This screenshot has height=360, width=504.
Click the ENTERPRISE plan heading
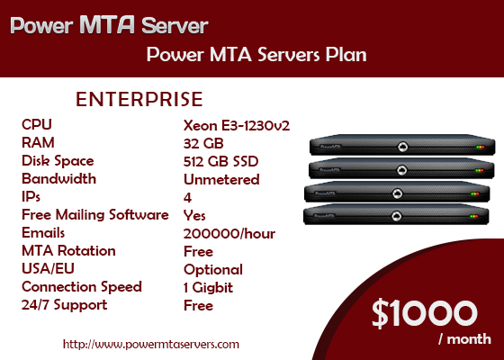click(x=139, y=99)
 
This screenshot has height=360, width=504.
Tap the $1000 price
click(x=424, y=313)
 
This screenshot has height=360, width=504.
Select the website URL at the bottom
click(x=151, y=344)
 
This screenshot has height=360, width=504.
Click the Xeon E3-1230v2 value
click(x=237, y=125)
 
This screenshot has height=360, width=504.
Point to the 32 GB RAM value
click(x=203, y=143)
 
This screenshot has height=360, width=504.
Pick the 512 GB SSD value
click(x=220, y=161)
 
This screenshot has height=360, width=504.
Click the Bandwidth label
click(x=58, y=179)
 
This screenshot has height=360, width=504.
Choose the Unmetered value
click(x=221, y=179)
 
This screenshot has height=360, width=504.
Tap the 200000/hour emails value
click(x=229, y=234)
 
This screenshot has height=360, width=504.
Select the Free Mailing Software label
click(x=95, y=215)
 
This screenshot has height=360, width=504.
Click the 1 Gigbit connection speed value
click(x=208, y=288)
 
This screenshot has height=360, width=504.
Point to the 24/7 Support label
click(x=64, y=305)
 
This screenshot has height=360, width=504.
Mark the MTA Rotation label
click(x=68, y=251)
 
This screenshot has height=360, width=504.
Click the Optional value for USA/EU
click(x=213, y=270)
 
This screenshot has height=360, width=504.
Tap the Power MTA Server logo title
click(x=109, y=25)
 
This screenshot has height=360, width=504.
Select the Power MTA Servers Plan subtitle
click(x=256, y=54)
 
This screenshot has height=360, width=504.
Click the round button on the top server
click(x=403, y=147)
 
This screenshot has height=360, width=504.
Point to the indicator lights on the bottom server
click(x=474, y=216)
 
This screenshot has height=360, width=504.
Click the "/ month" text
click(x=464, y=339)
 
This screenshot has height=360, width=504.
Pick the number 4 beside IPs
click(x=187, y=197)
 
